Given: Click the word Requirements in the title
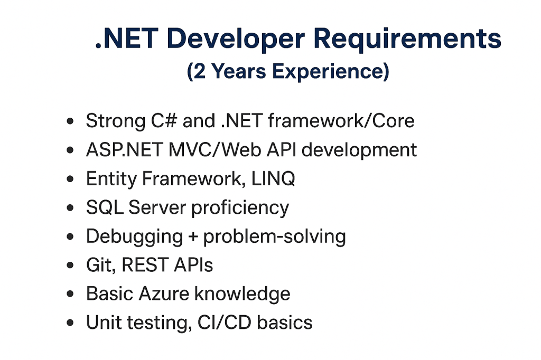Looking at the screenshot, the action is (x=407, y=39).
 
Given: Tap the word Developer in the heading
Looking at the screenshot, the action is (x=236, y=39).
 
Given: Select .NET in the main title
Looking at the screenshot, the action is (x=127, y=39).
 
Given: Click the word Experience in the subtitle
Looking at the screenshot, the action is (x=331, y=71).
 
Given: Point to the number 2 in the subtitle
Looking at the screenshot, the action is (x=199, y=71).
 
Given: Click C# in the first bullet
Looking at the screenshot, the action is (x=164, y=121).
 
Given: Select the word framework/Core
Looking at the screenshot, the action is (x=341, y=121).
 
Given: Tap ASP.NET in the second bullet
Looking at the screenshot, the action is (x=124, y=150).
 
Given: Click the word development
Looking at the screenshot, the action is (x=359, y=150).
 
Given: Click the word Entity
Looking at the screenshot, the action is (x=111, y=179).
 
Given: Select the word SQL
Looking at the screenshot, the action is (x=105, y=207).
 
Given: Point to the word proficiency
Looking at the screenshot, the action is (x=240, y=209).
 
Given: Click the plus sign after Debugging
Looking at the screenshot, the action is (x=193, y=236).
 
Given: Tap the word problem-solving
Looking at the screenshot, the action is (x=274, y=237).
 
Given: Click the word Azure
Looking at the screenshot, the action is (x=164, y=294).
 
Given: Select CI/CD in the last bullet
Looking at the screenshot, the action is (x=224, y=323).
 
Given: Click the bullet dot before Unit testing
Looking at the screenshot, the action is (x=70, y=323).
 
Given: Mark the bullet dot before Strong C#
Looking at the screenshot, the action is (x=70, y=121).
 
